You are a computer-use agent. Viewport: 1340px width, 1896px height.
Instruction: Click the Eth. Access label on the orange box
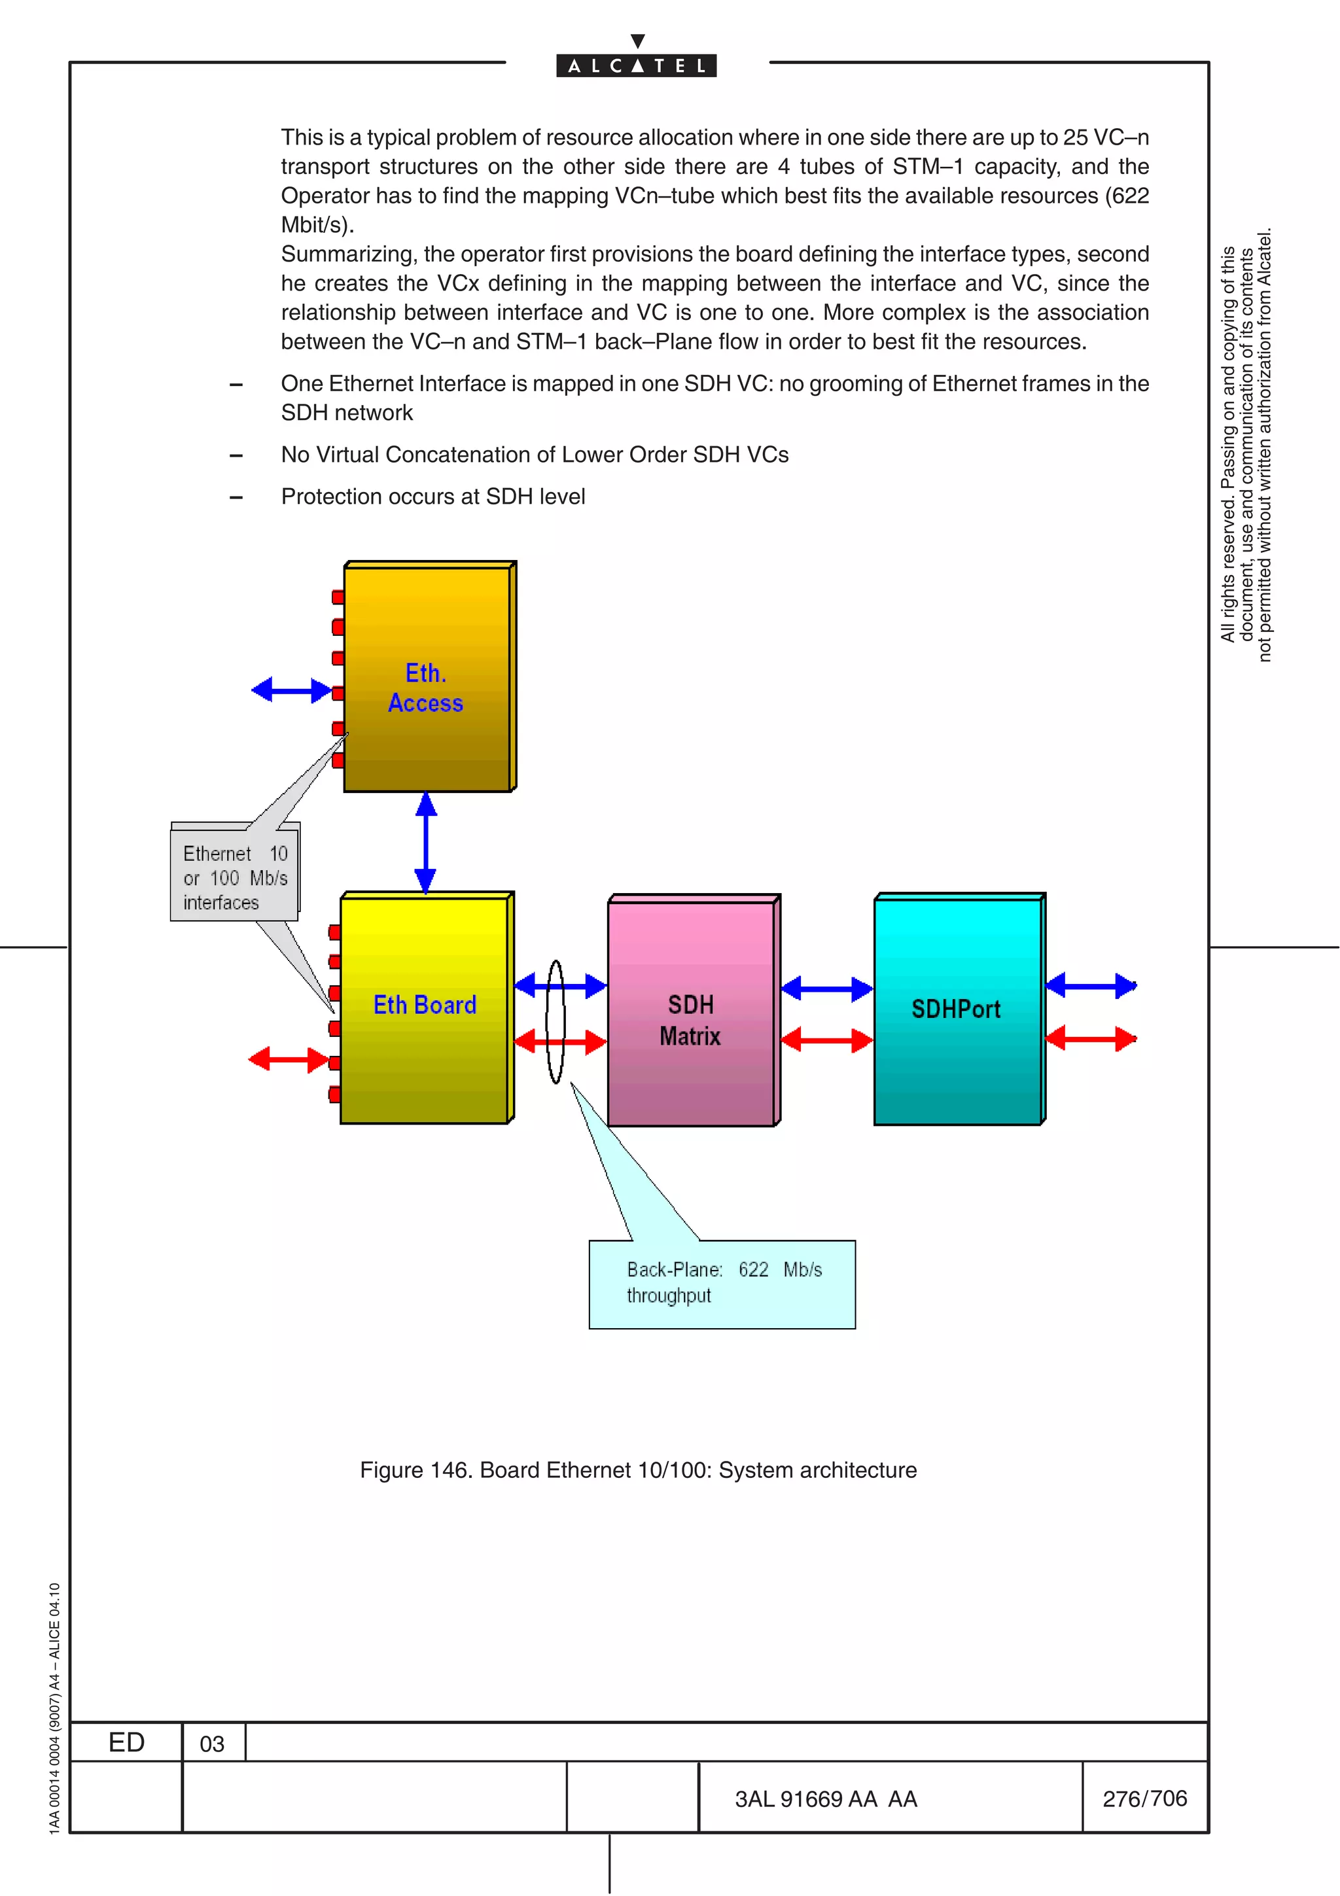426,688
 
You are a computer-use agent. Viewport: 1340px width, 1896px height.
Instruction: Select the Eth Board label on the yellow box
425,1005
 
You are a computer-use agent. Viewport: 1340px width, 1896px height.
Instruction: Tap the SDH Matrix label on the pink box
690,1020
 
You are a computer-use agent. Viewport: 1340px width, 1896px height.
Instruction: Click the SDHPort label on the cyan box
955,1009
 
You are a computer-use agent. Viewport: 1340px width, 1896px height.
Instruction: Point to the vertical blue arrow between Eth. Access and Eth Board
425,842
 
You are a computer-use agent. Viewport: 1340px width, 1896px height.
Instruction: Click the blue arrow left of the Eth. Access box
291,690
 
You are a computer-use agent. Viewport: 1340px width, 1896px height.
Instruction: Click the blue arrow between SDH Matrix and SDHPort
826,989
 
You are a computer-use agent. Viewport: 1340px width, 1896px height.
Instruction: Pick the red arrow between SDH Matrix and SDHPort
826,1040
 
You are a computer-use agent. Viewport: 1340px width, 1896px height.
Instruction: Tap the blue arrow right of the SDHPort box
1091,985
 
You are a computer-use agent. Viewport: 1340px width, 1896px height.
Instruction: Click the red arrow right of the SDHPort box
1091,1039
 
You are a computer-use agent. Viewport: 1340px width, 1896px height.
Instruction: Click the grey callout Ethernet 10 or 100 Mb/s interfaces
234,878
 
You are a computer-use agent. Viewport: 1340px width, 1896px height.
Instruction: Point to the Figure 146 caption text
638,1470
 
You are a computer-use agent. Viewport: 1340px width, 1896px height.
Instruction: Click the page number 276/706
1144,1798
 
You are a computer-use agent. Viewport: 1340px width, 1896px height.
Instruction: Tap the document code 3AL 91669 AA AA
826,1799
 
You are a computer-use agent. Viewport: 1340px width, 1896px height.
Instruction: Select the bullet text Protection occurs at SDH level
432,497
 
